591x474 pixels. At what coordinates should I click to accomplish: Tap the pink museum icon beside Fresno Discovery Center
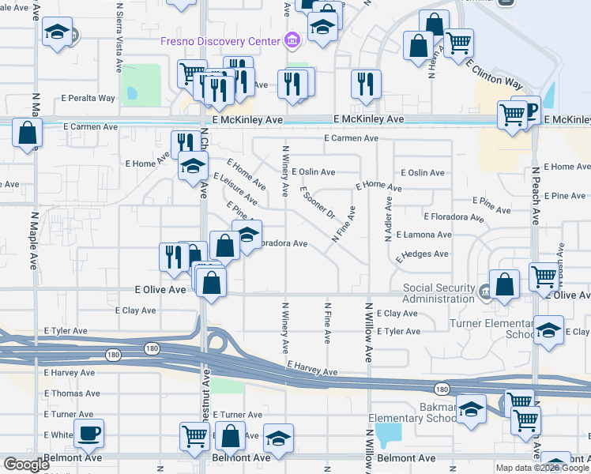click(x=291, y=40)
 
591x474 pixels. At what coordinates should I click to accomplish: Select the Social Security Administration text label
click(x=438, y=293)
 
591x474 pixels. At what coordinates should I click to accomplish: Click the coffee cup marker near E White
click(x=88, y=433)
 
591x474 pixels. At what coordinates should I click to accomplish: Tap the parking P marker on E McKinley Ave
click(x=532, y=111)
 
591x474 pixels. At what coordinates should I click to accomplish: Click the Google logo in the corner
click(x=26, y=465)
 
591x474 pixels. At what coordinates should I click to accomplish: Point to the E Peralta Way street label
click(x=88, y=99)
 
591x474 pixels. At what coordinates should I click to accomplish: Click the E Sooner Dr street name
click(x=318, y=203)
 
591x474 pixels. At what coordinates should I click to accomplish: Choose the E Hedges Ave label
click(x=422, y=255)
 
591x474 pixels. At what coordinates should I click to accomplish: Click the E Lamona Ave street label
click(x=423, y=235)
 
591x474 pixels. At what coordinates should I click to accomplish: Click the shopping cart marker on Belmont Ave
click(x=194, y=435)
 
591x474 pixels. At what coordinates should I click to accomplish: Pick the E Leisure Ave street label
click(x=235, y=189)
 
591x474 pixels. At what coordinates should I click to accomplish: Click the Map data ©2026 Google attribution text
click(x=541, y=468)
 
